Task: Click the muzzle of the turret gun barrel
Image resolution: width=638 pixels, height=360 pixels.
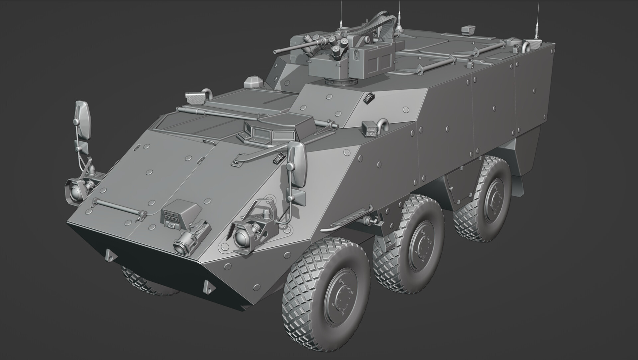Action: click(275, 52)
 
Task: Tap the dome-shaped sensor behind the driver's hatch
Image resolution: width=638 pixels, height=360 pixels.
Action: click(253, 82)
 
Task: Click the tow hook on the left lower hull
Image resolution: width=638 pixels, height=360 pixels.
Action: click(110, 255)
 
